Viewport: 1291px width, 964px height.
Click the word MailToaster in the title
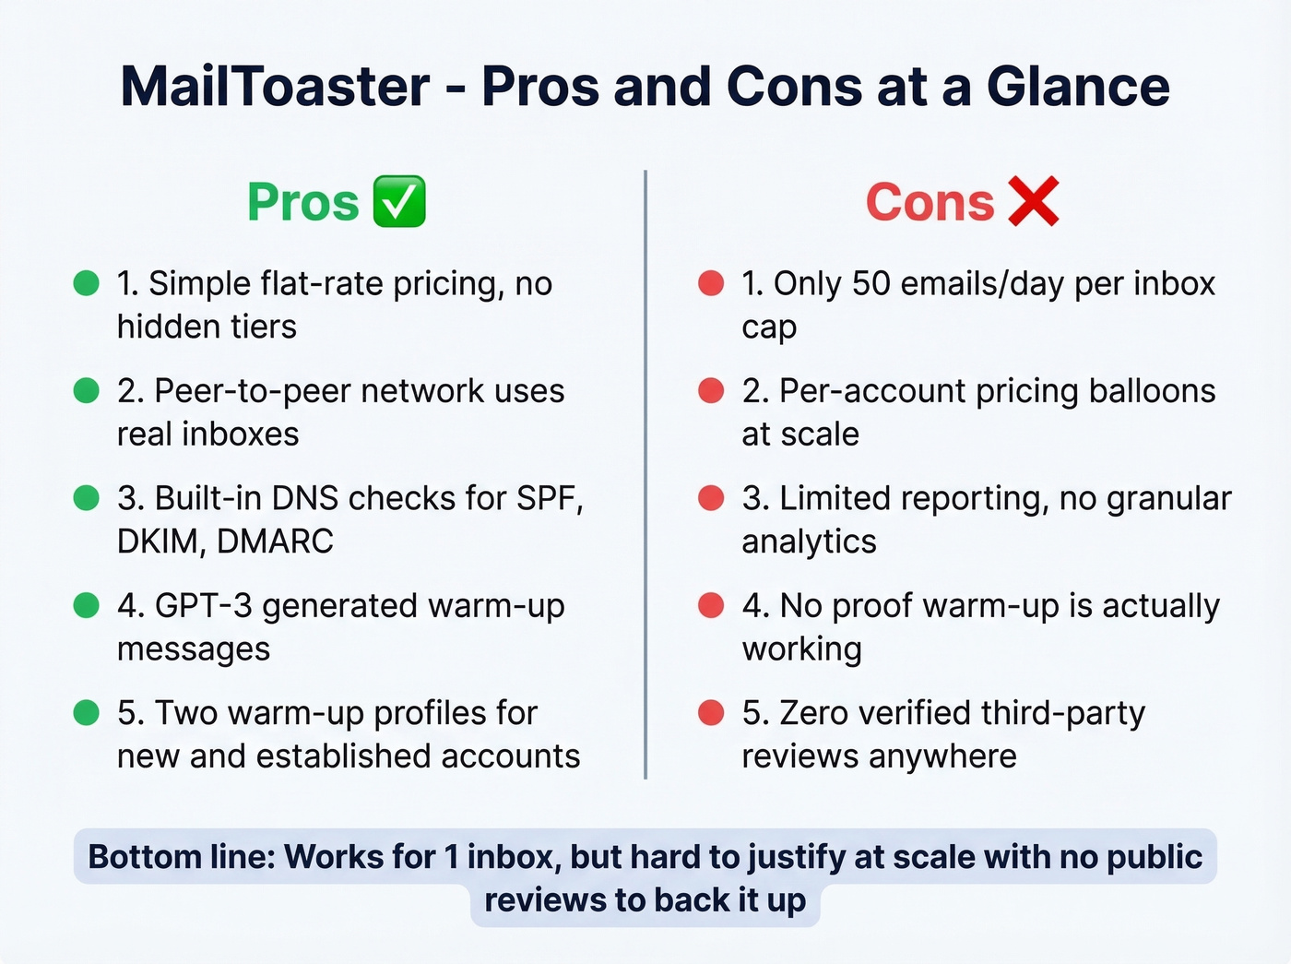click(275, 88)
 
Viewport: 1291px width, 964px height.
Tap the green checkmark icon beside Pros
click(399, 201)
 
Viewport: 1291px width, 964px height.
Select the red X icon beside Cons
click(1033, 201)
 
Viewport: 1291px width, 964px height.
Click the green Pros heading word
click(302, 203)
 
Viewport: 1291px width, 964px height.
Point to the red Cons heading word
click(930, 203)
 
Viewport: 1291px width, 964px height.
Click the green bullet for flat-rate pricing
click(86, 283)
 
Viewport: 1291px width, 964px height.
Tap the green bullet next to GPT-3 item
click(86, 605)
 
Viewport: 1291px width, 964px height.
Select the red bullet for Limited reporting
click(711, 498)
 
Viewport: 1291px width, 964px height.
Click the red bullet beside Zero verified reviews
click(711, 713)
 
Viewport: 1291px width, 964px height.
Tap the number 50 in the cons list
click(871, 284)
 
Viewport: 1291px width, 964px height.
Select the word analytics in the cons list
click(809, 542)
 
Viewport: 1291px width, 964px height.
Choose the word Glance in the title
click(1078, 88)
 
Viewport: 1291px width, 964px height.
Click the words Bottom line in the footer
click(182, 857)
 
